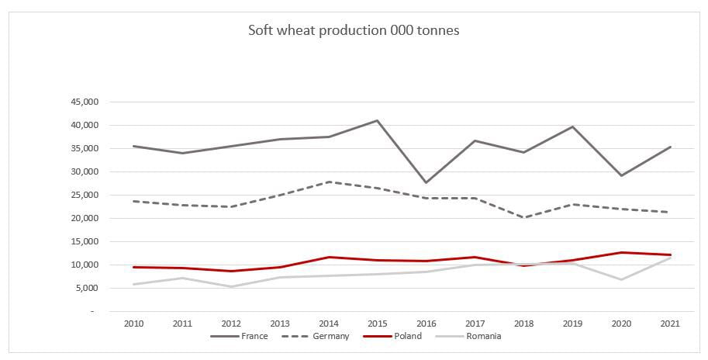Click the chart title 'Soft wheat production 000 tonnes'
click(x=354, y=31)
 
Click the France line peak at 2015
click(x=377, y=120)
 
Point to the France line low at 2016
click(x=425, y=182)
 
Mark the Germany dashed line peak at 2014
click(x=329, y=182)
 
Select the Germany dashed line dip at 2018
click(x=523, y=217)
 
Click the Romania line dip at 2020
click(x=621, y=279)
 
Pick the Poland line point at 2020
click(x=621, y=252)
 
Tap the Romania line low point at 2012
click(x=231, y=286)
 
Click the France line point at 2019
click(x=572, y=126)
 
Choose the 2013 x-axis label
click(x=280, y=323)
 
